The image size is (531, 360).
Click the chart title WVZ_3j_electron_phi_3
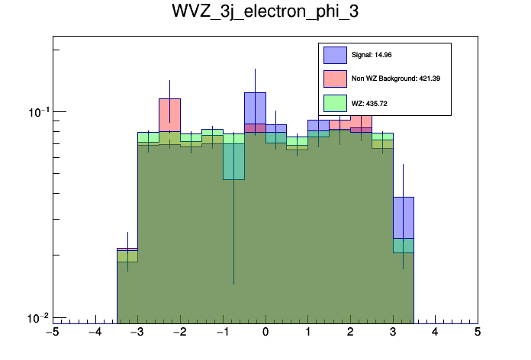tap(265, 14)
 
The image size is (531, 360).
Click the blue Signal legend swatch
tap(335, 55)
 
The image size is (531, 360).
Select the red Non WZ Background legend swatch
tap(335, 79)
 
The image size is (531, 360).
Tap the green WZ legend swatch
tap(335, 102)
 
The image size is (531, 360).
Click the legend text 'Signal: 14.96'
tap(372, 55)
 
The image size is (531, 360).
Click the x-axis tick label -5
tap(52, 333)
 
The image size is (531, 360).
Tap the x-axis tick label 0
tap(265, 333)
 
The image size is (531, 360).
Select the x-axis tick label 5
tap(478, 333)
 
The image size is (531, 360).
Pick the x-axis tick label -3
tap(137, 333)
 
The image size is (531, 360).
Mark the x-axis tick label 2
tap(350, 333)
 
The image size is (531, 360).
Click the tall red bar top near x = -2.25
tap(169, 100)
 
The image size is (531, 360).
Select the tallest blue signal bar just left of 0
tap(255, 95)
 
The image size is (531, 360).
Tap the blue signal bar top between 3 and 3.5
tap(403, 198)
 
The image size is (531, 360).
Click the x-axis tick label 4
tap(435, 333)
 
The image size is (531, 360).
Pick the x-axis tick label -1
tap(222, 333)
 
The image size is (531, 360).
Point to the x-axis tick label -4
tap(95, 333)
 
